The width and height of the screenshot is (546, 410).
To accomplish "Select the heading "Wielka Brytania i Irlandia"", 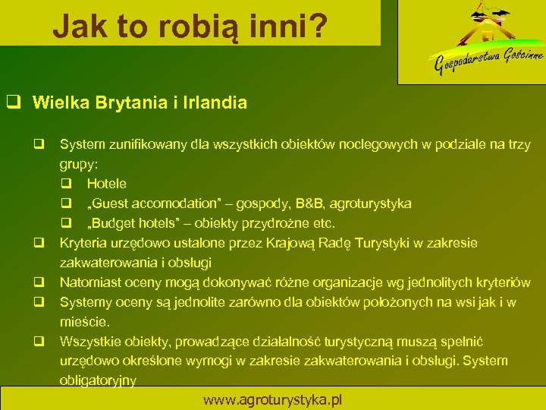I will [140, 102].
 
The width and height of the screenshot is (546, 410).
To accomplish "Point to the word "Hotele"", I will [106, 184].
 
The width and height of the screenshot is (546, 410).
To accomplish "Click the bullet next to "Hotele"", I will [67, 184].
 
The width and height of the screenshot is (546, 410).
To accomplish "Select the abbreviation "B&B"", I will [306, 203].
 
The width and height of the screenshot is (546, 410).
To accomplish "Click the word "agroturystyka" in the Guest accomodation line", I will [370, 203].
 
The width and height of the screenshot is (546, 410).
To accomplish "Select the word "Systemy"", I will [85, 302].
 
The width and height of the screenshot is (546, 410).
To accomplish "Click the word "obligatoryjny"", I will [98, 381].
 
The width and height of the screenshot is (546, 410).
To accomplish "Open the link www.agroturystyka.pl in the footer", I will [272, 399].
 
